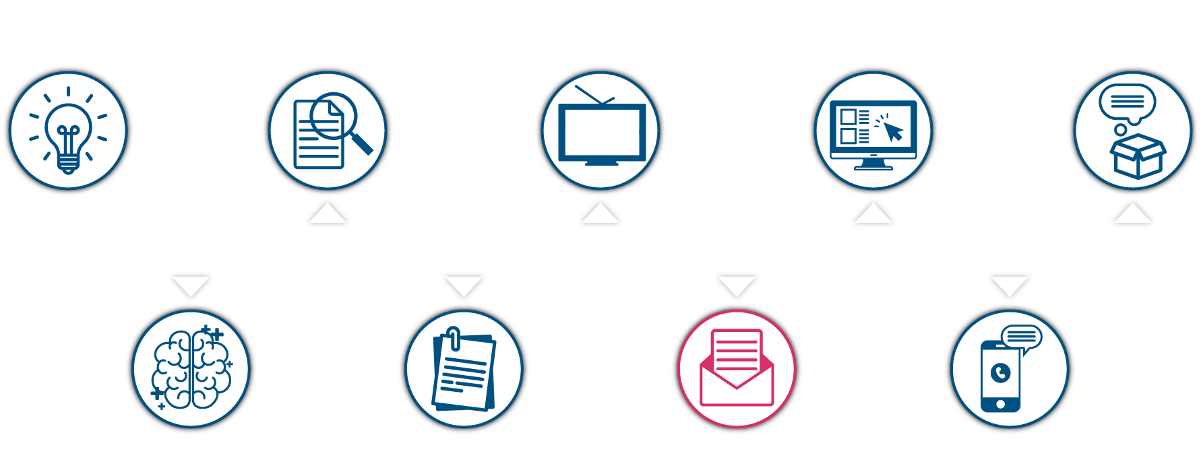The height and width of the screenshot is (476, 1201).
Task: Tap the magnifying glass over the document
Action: click(335, 116)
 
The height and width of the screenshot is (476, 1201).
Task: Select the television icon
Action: click(601, 133)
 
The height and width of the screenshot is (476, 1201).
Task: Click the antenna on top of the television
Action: click(593, 95)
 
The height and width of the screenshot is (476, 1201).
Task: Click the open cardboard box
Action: click(1138, 157)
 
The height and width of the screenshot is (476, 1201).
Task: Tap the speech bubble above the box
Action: click(1127, 102)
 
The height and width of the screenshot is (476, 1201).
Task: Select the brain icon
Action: click(191, 368)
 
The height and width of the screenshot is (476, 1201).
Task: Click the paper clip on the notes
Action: click(454, 339)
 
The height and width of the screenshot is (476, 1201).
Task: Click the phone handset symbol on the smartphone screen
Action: click(1001, 372)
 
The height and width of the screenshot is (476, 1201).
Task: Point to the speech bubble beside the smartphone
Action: click(1022, 337)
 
